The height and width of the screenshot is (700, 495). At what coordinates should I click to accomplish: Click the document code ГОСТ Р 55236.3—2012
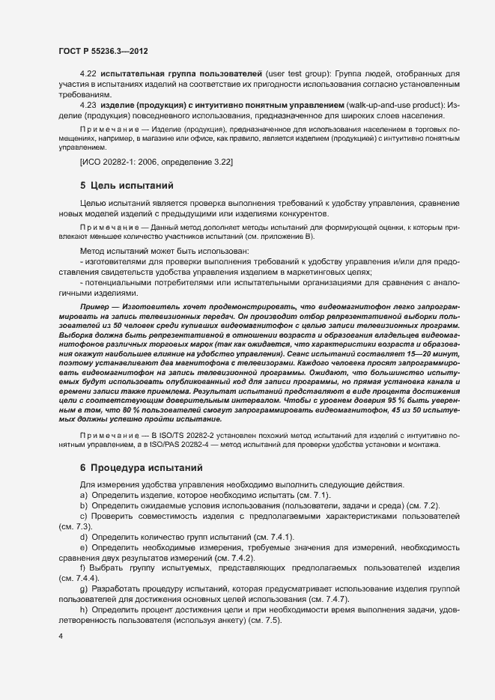click(103, 50)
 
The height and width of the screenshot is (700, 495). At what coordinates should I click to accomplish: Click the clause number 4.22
click(89, 75)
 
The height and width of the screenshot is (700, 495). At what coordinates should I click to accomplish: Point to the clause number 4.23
click(89, 105)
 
